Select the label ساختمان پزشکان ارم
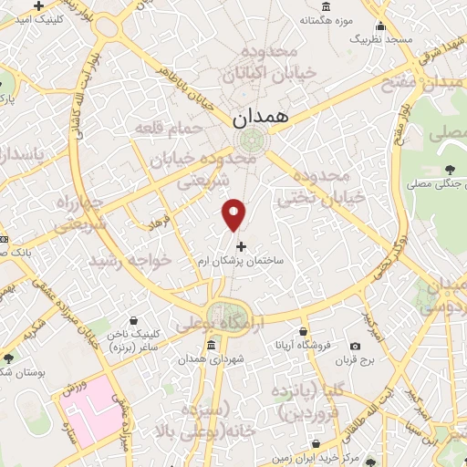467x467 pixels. click(x=241, y=261)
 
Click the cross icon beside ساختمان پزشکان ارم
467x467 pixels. click(x=241, y=246)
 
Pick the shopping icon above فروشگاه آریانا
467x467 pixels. click(x=303, y=332)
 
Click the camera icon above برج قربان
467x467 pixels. click(x=356, y=346)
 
